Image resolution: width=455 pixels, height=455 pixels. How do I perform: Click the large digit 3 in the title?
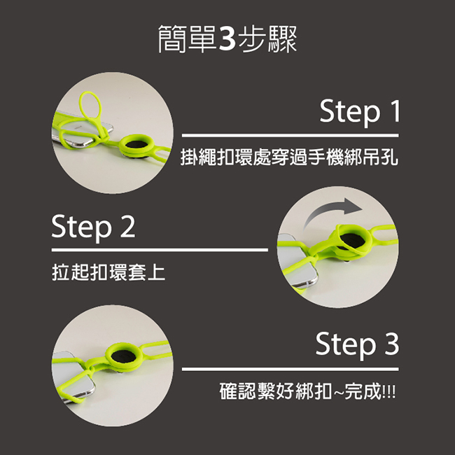(227, 38)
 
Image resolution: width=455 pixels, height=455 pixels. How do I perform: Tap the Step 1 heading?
(360, 112)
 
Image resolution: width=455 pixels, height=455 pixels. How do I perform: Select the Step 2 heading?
(93, 227)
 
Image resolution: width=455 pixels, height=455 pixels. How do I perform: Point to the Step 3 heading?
(357, 344)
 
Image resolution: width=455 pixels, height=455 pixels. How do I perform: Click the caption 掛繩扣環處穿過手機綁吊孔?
(289, 157)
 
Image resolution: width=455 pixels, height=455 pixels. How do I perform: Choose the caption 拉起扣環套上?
(108, 272)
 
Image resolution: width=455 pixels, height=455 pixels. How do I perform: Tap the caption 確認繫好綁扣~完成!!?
(307, 391)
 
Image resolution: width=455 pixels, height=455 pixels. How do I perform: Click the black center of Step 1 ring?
(136, 144)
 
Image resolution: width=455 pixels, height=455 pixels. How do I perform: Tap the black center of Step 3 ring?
(123, 356)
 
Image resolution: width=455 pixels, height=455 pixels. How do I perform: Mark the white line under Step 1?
(290, 136)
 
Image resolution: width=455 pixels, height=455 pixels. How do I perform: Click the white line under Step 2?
(160, 250)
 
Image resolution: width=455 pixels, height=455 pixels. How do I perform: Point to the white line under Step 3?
(290, 369)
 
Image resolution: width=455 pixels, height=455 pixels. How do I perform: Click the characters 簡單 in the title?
(187, 39)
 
